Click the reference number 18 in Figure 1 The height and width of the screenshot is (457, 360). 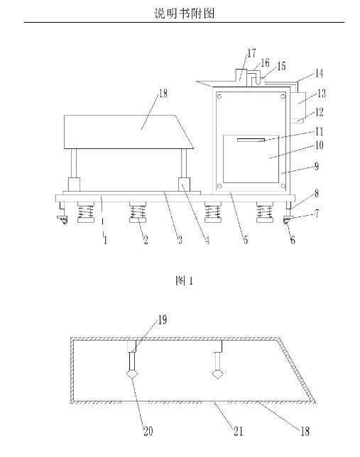(163, 93)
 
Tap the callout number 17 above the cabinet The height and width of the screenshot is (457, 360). (251, 53)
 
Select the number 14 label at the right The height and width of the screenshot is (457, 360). (320, 73)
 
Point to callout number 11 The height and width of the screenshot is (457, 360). (320, 131)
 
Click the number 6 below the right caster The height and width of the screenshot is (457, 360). (293, 240)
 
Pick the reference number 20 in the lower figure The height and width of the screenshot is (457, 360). (148, 431)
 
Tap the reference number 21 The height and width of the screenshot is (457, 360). (239, 431)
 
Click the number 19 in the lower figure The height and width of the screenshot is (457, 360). (163, 320)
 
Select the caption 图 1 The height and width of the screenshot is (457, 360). (185, 281)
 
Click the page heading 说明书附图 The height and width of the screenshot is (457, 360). (185, 13)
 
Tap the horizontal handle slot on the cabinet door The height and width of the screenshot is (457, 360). (251, 141)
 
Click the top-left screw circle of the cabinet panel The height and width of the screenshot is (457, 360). (219, 97)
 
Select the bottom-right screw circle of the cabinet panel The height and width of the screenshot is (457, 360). (283, 186)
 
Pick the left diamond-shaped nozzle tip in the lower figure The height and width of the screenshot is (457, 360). (133, 374)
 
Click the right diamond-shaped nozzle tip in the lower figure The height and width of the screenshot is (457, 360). (217, 374)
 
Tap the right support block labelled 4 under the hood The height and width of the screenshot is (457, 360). (184, 185)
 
